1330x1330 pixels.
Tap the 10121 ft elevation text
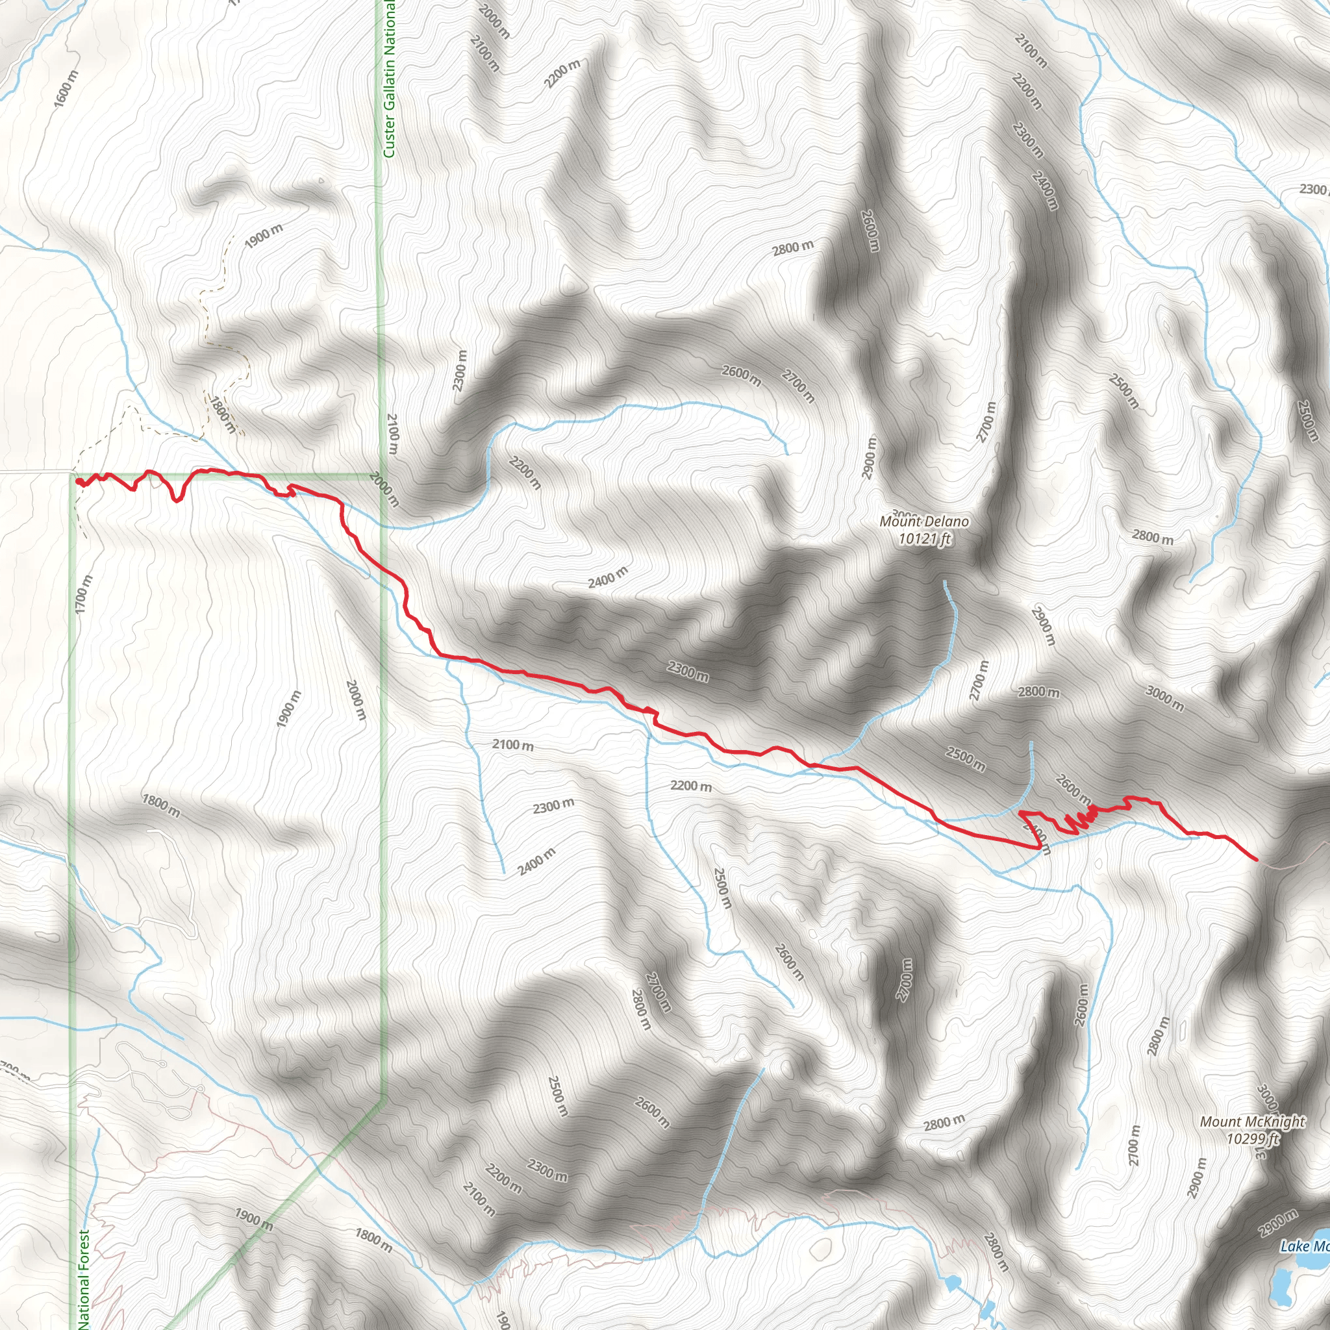(x=925, y=538)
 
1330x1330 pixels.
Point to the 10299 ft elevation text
(x=1251, y=1138)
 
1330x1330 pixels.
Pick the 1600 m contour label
(x=67, y=89)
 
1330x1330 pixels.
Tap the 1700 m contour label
(x=83, y=595)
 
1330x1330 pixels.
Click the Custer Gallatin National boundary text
(x=389, y=79)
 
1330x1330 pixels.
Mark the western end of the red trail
(x=78, y=481)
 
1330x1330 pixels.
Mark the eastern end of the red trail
(x=1257, y=859)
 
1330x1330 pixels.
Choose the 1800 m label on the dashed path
(x=223, y=414)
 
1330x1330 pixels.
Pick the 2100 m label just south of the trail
(x=513, y=745)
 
